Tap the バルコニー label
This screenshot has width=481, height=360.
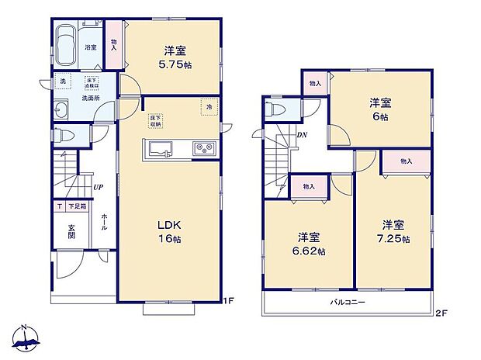[x=347, y=301]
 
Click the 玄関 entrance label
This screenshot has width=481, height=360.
[x=71, y=231]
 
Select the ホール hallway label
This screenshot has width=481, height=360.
[x=104, y=221]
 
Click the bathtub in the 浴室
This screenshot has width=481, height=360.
[x=67, y=36]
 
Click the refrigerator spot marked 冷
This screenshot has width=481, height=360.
[x=208, y=106]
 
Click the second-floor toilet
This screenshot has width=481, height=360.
[x=272, y=110]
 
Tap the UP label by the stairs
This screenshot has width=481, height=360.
[x=98, y=187]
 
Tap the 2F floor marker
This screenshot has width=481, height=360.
[x=441, y=313]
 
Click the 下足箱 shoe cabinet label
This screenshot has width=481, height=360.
[x=76, y=207]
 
